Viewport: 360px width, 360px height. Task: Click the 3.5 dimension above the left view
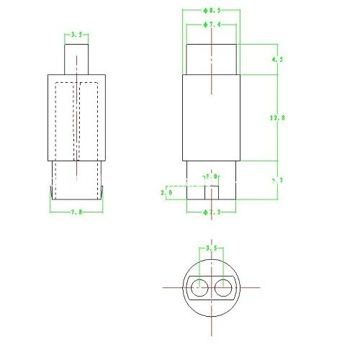[x=76, y=34]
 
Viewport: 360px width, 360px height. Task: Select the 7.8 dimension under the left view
[x=77, y=211]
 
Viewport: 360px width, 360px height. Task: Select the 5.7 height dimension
[x=274, y=181]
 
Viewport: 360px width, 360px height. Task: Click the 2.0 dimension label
[x=166, y=192]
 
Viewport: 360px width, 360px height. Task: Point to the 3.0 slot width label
[x=211, y=176]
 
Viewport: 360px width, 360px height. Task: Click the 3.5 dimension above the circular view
[x=210, y=248]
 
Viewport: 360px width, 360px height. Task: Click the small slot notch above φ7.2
[x=212, y=193]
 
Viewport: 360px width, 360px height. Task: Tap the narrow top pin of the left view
[x=76, y=58]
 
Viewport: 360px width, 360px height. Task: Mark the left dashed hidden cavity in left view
[x=65, y=122]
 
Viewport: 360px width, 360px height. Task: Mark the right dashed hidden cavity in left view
[x=89, y=122]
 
